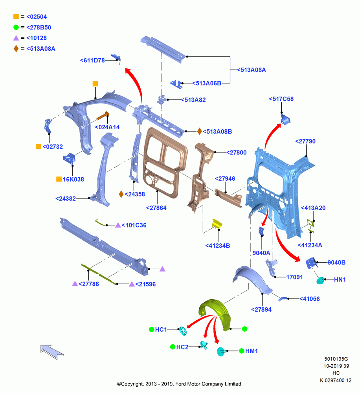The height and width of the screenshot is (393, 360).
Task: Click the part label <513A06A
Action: tap(251, 70)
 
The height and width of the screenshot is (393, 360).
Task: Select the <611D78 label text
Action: tap(92, 61)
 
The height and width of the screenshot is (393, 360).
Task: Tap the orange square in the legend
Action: tap(16, 17)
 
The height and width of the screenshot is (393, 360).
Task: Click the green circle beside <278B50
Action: tap(16, 28)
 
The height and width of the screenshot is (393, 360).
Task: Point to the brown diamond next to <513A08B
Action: tap(199, 131)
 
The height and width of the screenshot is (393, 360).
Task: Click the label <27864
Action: tap(156, 208)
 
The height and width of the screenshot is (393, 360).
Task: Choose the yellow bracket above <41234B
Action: tap(217, 224)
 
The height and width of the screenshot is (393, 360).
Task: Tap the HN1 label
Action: tap(340, 279)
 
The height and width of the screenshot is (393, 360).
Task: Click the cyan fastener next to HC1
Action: tap(183, 331)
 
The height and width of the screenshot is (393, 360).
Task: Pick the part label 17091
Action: tap(295, 277)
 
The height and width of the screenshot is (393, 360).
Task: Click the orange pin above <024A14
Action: tap(103, 116)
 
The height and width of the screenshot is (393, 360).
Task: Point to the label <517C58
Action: tap(281, 99)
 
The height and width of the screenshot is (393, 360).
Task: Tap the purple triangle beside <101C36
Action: tap(118, 225)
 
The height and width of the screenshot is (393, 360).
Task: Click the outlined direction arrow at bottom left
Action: tap(52, 352)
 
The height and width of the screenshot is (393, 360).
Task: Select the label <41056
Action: tap(310, 299)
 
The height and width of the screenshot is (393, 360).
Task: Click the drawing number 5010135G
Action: tap(336, 359)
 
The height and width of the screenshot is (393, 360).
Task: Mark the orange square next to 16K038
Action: tap(59, 179)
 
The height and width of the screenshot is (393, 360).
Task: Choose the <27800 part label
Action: tap(237, 152)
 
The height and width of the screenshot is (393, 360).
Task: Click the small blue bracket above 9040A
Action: tap(261, 231)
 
